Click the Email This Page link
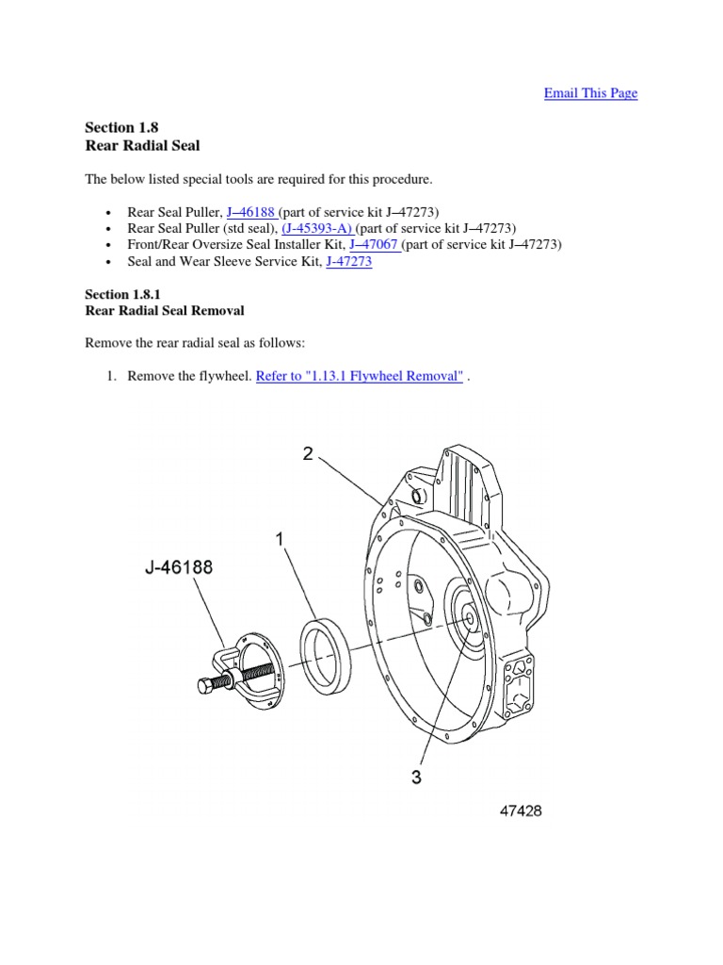[590, 93]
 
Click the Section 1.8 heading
[117, 127]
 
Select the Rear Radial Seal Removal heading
[165, 310]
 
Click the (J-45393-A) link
[317, 228]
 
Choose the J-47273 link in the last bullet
[348, 262]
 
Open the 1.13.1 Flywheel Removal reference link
[360, 376]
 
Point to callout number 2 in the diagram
[307, 453]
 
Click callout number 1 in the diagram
[280, 539]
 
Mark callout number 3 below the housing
[415, 777]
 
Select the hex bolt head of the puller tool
[207, 685]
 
